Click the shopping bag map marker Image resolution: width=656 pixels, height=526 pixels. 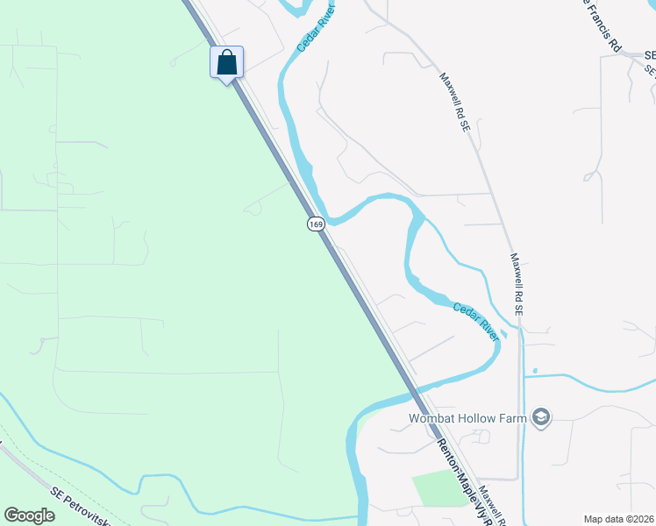point(226,62)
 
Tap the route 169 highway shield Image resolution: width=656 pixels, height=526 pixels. point(317,224)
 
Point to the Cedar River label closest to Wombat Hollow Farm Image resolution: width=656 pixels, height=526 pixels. point(476,321)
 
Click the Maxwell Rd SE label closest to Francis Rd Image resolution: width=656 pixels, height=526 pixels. point(455,102)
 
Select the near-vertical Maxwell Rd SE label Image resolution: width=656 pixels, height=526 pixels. point(517,285)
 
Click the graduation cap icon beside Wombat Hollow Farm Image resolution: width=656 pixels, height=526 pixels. point(542,417)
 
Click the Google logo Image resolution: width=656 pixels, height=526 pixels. point(29,515)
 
